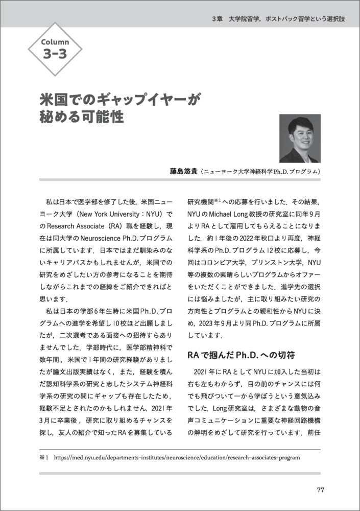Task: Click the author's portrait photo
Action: coord(300,138)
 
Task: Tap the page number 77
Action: coord(320,490)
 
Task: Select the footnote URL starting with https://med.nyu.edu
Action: coord(177,457)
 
